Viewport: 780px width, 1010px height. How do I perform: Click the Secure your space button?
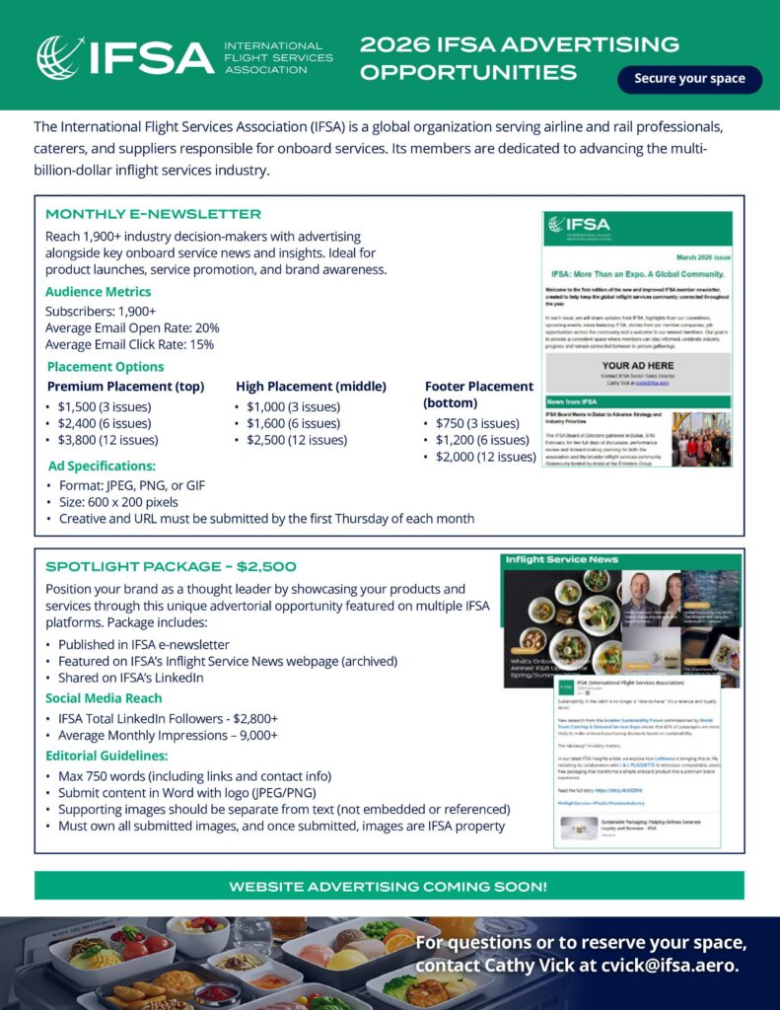[x=689, y=79]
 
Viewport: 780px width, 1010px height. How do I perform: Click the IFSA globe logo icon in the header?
[x=60, y=57]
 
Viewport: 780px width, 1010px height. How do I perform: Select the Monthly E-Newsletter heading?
[x=153, y=214]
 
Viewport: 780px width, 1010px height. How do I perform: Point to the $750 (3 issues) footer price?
[x=477, y=423]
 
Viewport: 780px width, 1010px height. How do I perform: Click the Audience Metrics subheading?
[x=99, y=292]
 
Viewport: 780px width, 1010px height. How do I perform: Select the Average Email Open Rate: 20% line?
[x=132, y=327]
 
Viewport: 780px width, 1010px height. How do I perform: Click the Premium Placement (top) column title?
[x=125, y=387]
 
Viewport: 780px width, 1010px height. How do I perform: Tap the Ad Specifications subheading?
[x=102, y=466]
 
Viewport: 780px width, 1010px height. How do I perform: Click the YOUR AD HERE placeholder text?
[x=637, y=365]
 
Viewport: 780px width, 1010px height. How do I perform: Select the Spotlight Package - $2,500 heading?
[x=171, y=566]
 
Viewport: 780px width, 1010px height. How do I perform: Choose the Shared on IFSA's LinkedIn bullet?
[x=131, y=678]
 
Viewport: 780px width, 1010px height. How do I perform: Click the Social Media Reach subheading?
[x=104, y=698]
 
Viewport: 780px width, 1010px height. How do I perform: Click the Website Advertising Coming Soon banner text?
[x=389, y=887]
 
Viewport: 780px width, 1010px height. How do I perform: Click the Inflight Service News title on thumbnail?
[x=562, y=559]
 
